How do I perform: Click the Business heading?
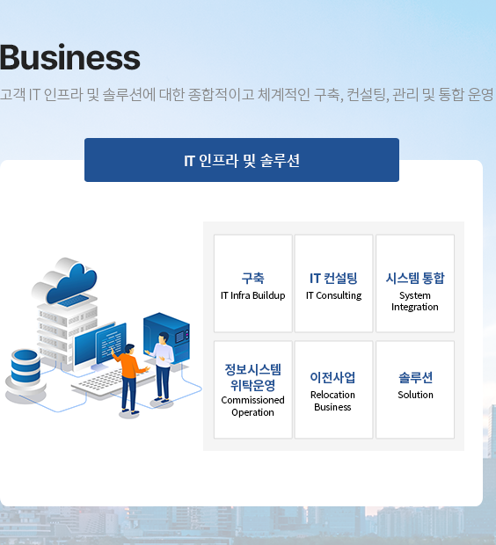click(69, 57)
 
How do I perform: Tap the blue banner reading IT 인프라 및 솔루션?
click(242, 160)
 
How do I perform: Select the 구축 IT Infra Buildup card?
click(253, 283)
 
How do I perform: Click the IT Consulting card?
click(333, 283)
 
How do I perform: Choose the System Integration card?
click(415, 283)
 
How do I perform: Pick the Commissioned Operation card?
click(253, 389)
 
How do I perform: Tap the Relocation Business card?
click(333, 389)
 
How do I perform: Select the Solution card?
click(415, 389)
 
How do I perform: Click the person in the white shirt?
click(162, 367)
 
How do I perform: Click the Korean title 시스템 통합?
click(415, 278)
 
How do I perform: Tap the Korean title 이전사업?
click(333, 377)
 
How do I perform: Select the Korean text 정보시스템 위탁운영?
click(253, 377)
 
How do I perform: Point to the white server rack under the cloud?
click(67, 331)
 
